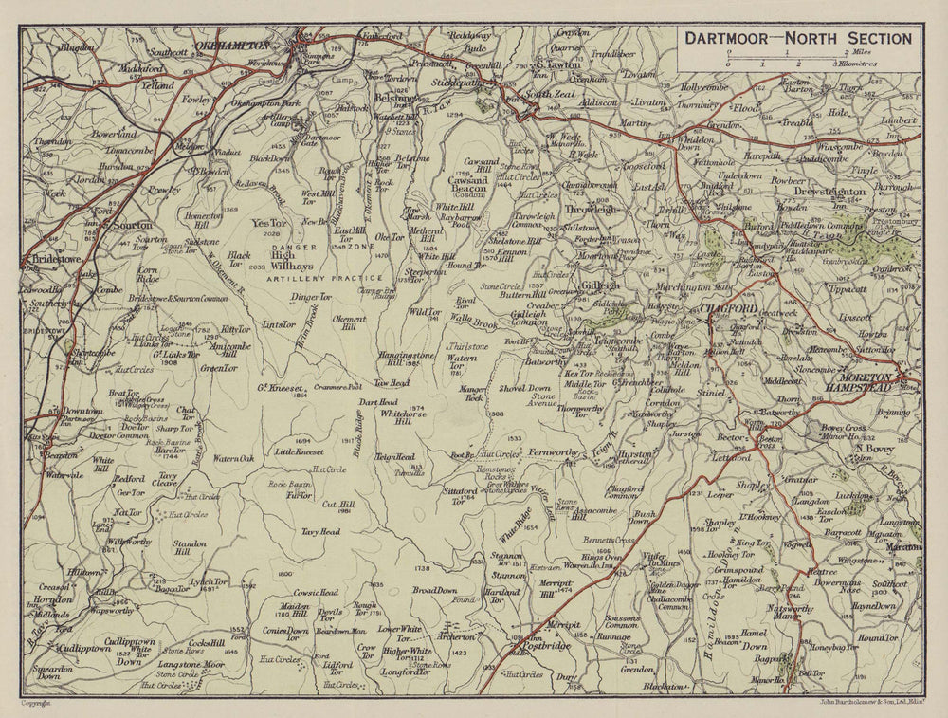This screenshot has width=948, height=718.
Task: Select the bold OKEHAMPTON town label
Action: coord(231,45)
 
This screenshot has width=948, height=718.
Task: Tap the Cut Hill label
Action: coord(339,505)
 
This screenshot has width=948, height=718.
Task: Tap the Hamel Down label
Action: coord(754,637)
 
